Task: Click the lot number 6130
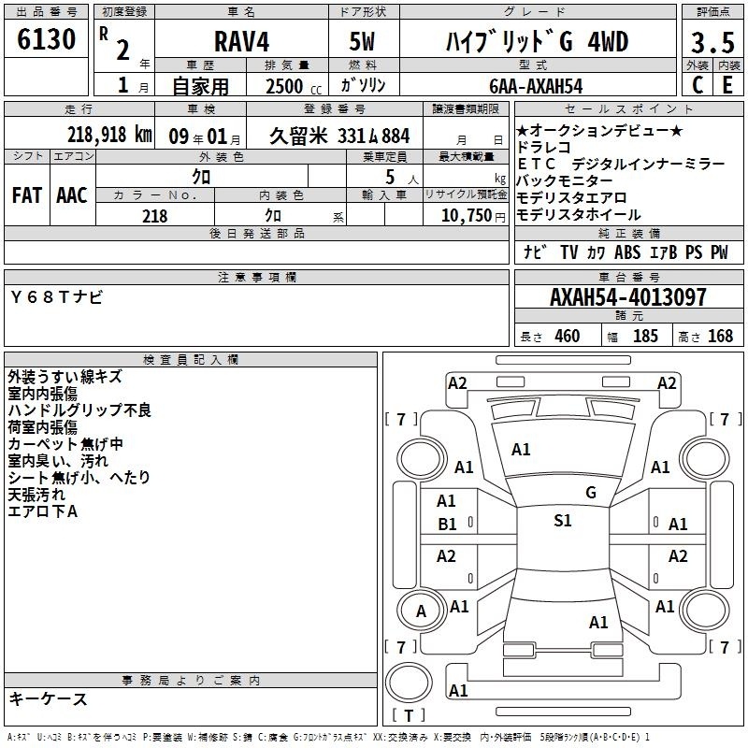(x=46, y=39)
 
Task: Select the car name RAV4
(x=241, y=41)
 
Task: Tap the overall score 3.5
(x=712, y=42)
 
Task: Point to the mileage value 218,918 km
(x=109, y=135)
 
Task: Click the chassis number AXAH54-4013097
(x=627, y=297)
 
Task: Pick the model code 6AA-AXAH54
(x=536, y=86)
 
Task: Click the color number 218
(x=155, y=216)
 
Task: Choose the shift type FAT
(x=27, y=195)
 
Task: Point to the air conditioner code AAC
(x=72, y=195)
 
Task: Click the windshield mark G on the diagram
(x=591, y=493)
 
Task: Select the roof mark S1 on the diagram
(x=563, y=521)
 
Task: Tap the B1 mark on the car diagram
(x=447, y=525)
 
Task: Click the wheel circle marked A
(x=421, y=611)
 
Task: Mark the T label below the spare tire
(x=409, y=715)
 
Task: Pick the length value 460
(x=568, y=336)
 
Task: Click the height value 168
(x=720, y=336)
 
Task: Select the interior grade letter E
(x=727, y=85)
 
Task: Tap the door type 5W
(x=362, y=41)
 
